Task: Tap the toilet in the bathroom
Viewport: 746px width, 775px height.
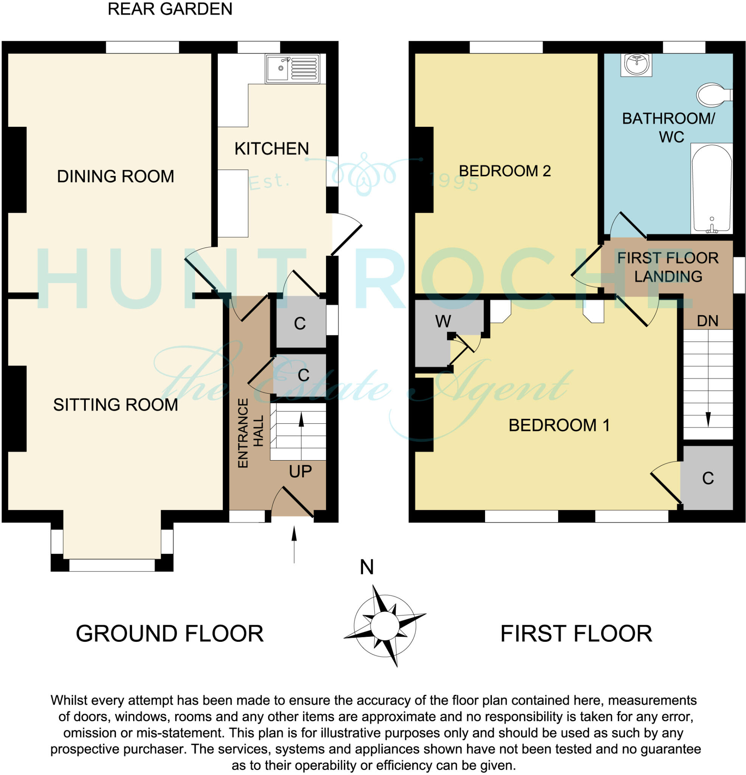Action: point(713,95)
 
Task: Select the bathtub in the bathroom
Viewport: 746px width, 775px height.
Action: point(711,188)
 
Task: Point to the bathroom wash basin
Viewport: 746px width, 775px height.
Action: point(636,64)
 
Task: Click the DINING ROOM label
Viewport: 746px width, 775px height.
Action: point(115,176)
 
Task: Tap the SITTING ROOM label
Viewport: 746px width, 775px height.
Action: point(115,405)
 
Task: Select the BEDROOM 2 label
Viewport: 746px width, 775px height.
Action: point(504,171)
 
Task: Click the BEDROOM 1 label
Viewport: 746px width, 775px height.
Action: point(559,425)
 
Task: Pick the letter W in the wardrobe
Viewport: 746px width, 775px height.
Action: point(443,322)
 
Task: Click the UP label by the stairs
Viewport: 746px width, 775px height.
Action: point(300,472)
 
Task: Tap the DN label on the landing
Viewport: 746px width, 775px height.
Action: point(707,321)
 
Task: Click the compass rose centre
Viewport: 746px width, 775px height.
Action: point(385,626)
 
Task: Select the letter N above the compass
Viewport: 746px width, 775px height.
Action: point(367,567)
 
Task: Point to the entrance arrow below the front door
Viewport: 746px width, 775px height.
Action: point(294,544)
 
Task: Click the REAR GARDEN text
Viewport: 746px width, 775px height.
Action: point(170,9)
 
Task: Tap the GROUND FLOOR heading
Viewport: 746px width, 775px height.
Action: point(169,634)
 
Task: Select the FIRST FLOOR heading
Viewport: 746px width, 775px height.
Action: point(576,634)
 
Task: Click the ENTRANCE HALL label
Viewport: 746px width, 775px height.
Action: point(250,433)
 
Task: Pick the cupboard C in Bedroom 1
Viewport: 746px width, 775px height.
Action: point(708,478)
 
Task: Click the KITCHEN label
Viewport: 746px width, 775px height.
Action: point(271,149)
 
